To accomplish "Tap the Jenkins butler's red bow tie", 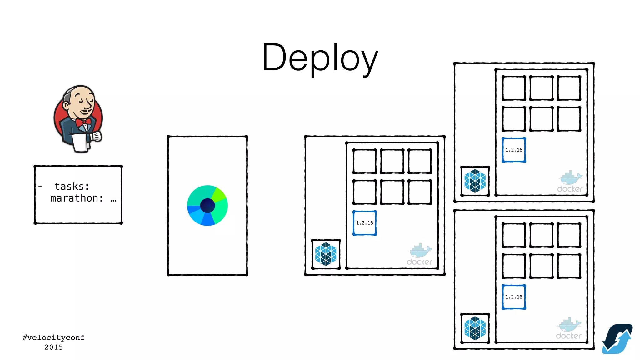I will pyautogui.click(x=83, y=122).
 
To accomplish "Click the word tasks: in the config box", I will pyautogui.click(x=72, y=187).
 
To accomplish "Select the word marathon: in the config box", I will pyautogui.click(x=77, y=198).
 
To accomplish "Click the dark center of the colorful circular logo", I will pyautogui.click(x=207, y=206).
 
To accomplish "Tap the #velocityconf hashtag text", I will pyautogui.click(x=53, y=337).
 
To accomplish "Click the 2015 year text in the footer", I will pyautogui.click(x=53, y=347).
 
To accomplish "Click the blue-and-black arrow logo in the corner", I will pyautogui.click(x=617, y=339).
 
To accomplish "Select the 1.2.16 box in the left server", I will pyautogui.click(x=364, y=223).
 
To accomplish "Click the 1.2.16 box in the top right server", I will pyautogui.click(x=514, y=150).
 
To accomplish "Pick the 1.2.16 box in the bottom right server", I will pyautogui.click(x=514, y=297).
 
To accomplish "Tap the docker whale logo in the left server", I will pyautogui.click(x=419, y=255).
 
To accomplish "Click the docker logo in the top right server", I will pyautogui.click(x=570, y=182).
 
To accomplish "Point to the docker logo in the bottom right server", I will pyautogui.click(x=569, y=329).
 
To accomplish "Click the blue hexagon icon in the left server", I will pyautogui.click(x=326, y=254).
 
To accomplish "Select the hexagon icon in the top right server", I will pyautogui.click(x=475, y=181).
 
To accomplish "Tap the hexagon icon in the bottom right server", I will pyautogui.click(x=475, y=328).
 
